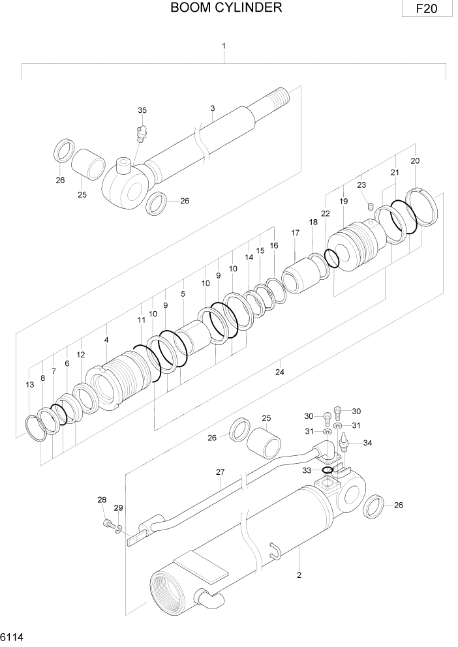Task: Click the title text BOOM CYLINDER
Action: click(x=226, y=8)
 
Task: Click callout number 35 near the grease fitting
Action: click(x=142, y=110)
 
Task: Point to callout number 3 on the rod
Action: click(x=213, y=108)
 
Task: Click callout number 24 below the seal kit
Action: click(x=279, y=372)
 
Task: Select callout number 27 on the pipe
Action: click(x=220, y=472)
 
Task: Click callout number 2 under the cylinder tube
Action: click(x=299, y=575)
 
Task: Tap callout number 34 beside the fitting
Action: click(x=367, y=444)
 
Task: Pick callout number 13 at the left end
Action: click(x=30, y=385)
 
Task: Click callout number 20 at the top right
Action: click(x=415, y=160)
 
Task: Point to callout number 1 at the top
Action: click(x=224, y=46)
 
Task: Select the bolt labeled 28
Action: click(x=107, y=522)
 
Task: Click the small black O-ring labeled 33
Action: click(x=328, y=470)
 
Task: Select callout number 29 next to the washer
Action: click(x=118, y=508)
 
